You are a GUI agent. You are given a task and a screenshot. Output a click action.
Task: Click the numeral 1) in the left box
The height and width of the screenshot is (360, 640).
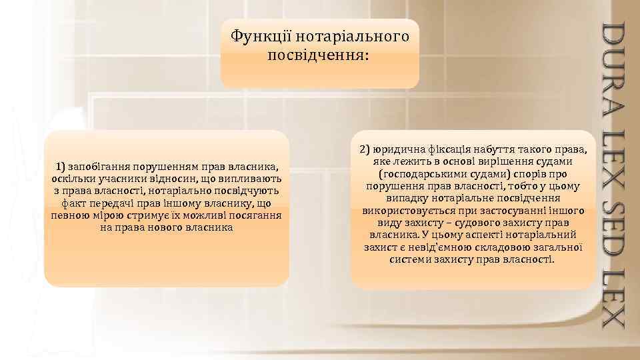click(61, 167)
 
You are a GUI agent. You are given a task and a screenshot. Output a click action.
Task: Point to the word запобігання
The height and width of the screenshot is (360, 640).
click(97, 167)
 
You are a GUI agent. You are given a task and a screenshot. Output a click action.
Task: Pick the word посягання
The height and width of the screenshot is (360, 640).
click(256, 215)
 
